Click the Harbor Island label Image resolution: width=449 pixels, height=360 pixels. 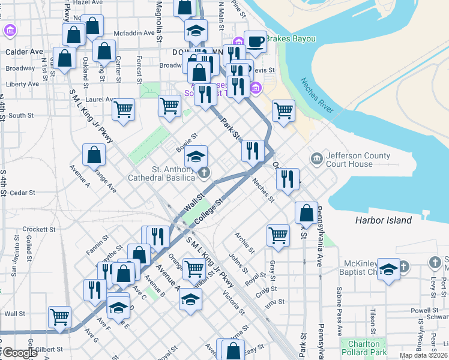(x=383, y=220)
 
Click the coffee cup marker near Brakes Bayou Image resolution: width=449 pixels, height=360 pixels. (x=255, y=41)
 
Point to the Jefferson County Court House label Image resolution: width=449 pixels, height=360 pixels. (x=358, y=160)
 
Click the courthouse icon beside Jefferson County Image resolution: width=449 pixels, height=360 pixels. (x=316, y=159)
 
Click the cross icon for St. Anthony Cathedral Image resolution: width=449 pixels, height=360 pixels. (x=204, y=173)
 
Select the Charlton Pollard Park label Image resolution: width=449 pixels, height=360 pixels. (x=363, y=349)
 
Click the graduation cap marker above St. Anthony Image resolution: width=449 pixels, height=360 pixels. (x=196, y=157)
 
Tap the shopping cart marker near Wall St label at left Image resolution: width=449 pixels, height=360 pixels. (x=59, y=316)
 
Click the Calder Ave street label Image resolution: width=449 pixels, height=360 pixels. (x=24, y=52)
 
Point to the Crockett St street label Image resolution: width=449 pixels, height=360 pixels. (x=39, y=229)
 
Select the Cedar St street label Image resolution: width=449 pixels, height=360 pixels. (x=23, y=193)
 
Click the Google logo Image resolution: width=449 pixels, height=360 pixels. (x=20, y=353)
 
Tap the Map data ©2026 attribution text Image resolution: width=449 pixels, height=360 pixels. (x=424, y=355)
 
